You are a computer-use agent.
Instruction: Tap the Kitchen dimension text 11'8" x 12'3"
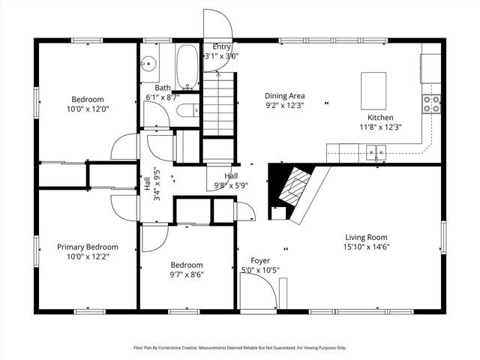pyautogui.click(x=380, y=127)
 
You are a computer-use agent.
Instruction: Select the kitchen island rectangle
pyautogui.click(x=373, y=87)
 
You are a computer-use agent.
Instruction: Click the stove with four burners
pyautogui.click(x=431, y=103)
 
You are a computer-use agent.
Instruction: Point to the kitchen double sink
pyautogui.click(x=375, y=154)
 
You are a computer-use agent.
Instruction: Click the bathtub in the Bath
pyautogui.click(x=187, y=67)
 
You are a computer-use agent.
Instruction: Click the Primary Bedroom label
pyautogui.click(x=88, y=247)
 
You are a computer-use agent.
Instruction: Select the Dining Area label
pyautogui.click(x=284, y=95)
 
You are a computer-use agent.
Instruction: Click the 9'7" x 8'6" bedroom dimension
pyautogui.click(x=186, y=274)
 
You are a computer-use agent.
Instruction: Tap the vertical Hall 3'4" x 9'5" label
pyautogui.click(x=151, y=184)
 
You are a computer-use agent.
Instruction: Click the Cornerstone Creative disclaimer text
pyautogui.click(x=239, y=348)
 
